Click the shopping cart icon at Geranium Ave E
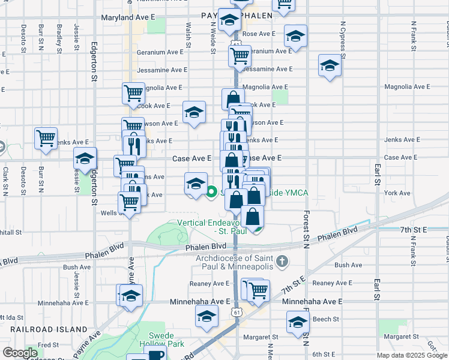tap(240, 56)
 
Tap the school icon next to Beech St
tap(297, 322)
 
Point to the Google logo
tap(20, 353)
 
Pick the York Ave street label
tap(397, 193)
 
